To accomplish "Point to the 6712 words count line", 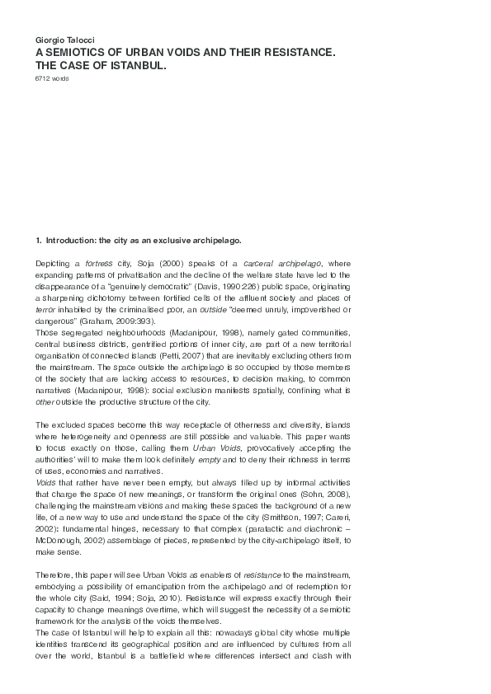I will pos(52,77).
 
